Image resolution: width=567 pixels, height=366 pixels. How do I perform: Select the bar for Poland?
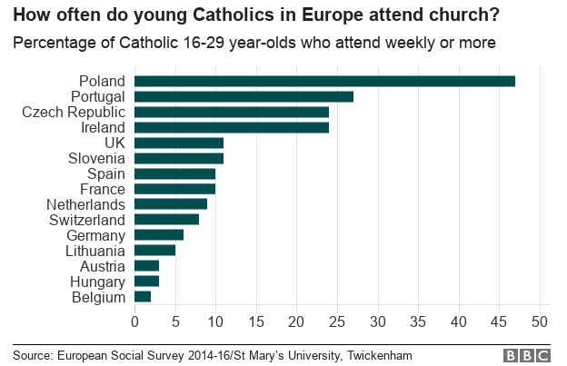(x=324, y=81)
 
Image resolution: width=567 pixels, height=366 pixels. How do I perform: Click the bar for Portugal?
(x=244, y=96)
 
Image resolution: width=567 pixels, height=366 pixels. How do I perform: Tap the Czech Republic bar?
(x=232, y=112)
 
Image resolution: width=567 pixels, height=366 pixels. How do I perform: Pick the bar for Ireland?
(x=232, y=127)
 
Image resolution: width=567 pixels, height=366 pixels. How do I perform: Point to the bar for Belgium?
(x=143, y=296)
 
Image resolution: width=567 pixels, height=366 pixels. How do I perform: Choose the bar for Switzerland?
(x=166, y=219)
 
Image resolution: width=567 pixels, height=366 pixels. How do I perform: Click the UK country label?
(x=114, y=143)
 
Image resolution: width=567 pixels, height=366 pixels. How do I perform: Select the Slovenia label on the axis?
(x=95, y=158)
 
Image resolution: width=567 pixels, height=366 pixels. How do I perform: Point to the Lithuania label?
(x=94, y=250)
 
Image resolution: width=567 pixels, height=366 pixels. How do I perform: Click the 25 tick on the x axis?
(x=337, y=321)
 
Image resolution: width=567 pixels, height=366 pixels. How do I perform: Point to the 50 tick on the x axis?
(x=540, y=321)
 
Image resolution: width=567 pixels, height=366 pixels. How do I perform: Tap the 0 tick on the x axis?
(x=134, y=321)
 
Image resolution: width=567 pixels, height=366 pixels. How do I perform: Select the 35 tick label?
(x=418, y=321)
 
